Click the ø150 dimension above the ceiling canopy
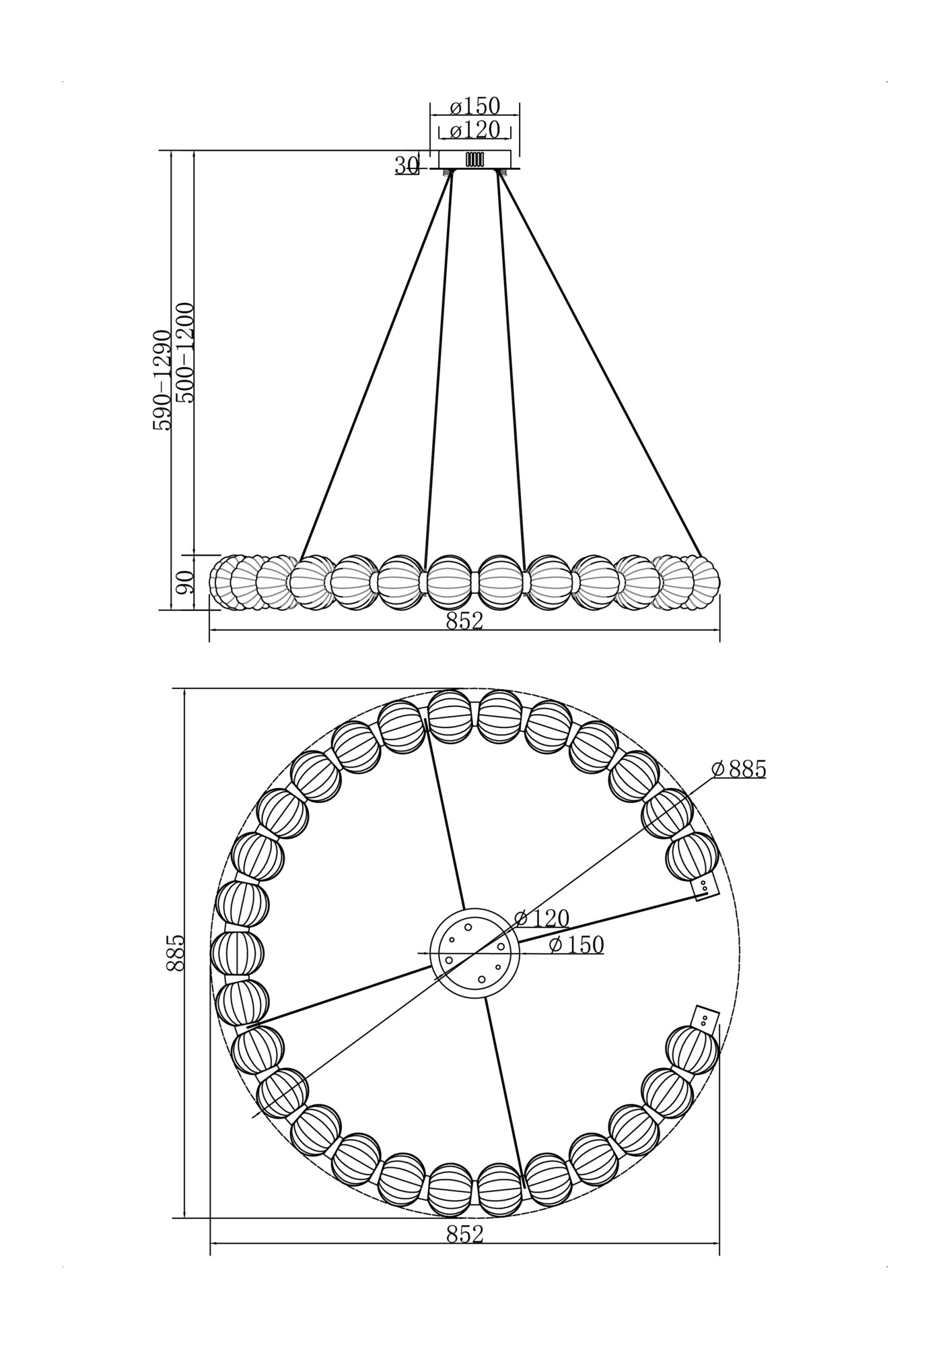pos(475,106)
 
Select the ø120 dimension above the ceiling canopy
pos(475,129)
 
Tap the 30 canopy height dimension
pos(406,165)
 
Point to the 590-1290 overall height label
pos(162,380)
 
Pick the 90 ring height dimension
pos(184,581)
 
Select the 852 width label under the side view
pos(464,621)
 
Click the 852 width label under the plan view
pos(464,1234)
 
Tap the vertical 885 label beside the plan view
pos(175,952)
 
